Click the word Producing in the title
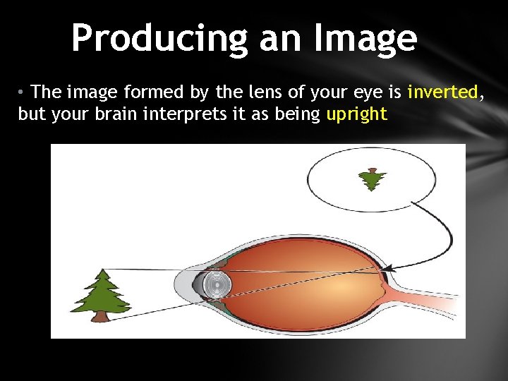point(161,39)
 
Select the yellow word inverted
point(442,92)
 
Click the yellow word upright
point(357,114)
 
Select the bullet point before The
point(23,92)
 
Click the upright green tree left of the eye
point(102,293)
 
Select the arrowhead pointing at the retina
point(389,268)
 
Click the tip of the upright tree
point(103,270)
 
